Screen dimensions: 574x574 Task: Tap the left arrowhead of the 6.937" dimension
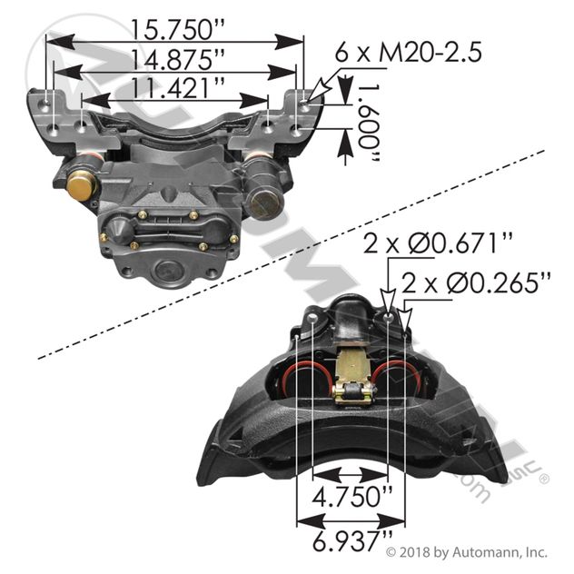pos(303,522)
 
